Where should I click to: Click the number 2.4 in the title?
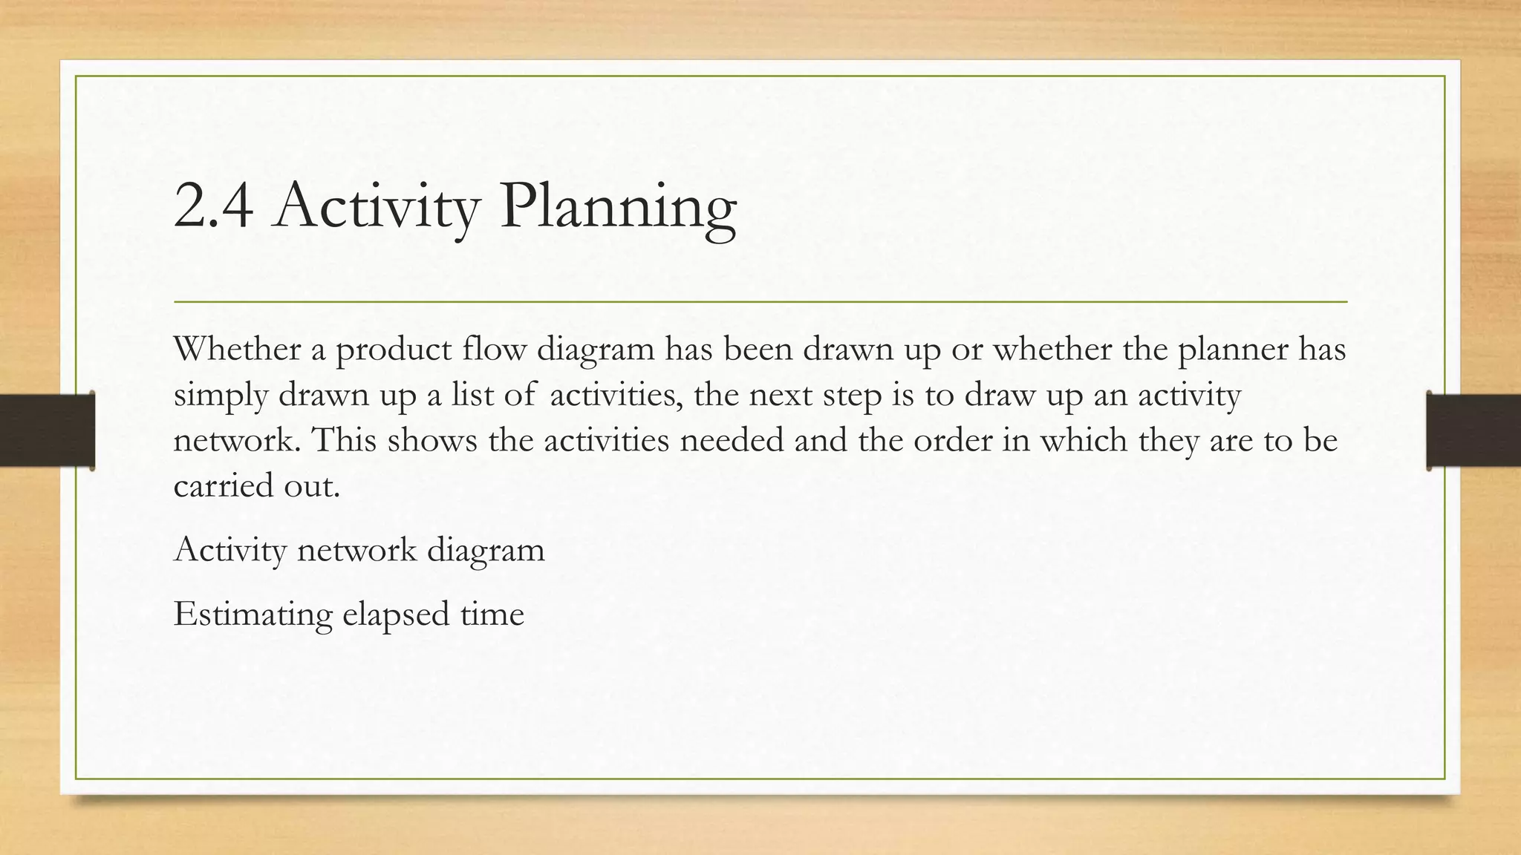(213, 206)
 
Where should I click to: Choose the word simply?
(221, 395)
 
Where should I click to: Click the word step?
(853, 395)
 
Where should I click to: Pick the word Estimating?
(253, 615)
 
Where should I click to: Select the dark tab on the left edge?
(47, 430)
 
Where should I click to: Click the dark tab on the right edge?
(1473, 430)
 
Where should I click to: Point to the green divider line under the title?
(760, 302)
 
